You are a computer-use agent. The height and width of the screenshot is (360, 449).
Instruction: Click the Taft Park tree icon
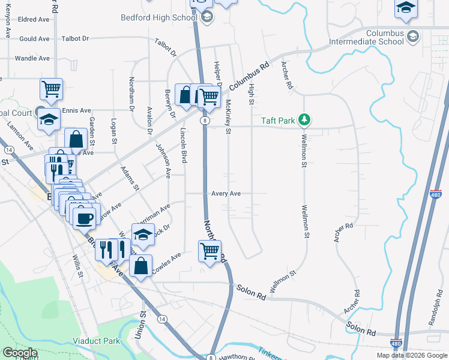pyautogui.click(x=305, y=120)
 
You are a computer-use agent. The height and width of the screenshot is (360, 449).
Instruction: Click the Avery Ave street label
pyautogui.click(x=226, y=194)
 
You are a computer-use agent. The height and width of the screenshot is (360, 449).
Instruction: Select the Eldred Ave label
pyautogui.click(x=34, y=19)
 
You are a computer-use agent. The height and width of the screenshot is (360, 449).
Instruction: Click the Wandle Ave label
pyautogui.click(x=32, y=58)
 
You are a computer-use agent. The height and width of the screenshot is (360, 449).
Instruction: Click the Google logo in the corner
pyautogui.click(x=19, y=353)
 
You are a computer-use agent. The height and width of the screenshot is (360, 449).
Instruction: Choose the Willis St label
pyautogui.click(x=77, y=265)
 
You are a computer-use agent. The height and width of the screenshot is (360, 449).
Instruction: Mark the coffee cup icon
pyautogui.click(x=85, y=217)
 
